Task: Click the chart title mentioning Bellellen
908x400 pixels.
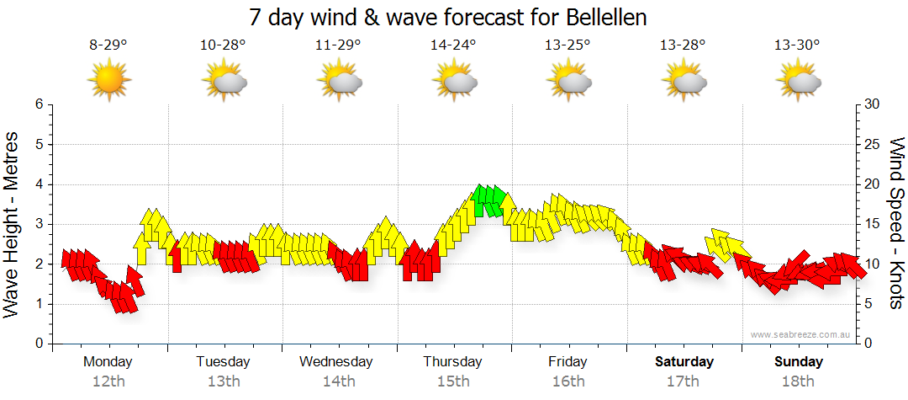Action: pyautogui.click(x=448, y=18)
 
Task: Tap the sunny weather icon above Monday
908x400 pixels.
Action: pyautogui.click(x=109, y=80)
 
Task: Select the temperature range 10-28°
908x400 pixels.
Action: pyautogui.click(x=223, y=45)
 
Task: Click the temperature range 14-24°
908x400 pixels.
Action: pyautogui.click(x=453, y=45)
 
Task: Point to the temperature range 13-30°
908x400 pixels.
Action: pyautogui.click(x=797, y=45)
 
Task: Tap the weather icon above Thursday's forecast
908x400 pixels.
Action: pyautogui.click(x=455, y=81)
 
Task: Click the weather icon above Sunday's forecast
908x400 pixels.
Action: pyautogui.click(x=799, y=81)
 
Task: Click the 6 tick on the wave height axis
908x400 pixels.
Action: pyautogui.click(x=39, y=104)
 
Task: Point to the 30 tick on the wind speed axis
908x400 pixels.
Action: pyautogui.click(x=873, y=104)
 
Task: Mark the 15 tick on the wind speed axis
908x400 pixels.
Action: pyautogui.click(x=873, y=224)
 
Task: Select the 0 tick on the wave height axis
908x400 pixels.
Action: pyautogui.click(x=39, y=344)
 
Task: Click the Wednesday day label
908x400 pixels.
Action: pyautogui.click(x=336, y=362)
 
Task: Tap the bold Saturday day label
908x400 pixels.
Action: pyautogui.click(x=684, y=362)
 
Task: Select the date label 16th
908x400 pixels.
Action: pyautogui.click(x=568, y=381)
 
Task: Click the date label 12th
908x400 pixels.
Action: pyautogui.click(x=108, y=381)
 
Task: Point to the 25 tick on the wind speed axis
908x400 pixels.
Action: pyautogui.click(x=873, y=144)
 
